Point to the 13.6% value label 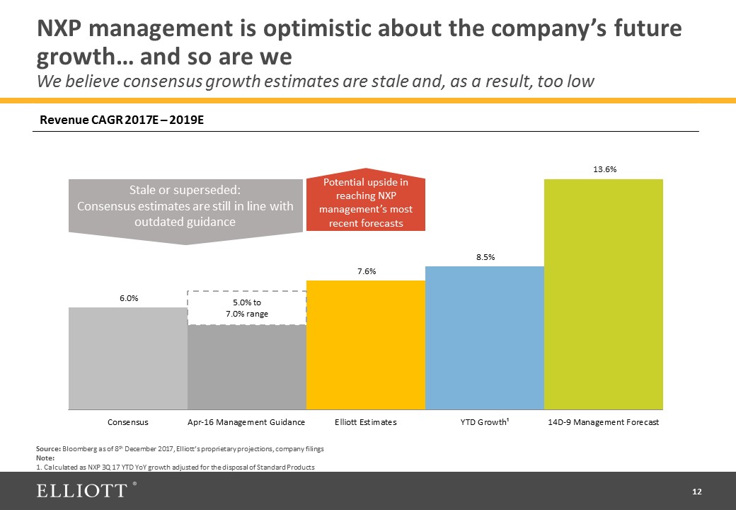604,169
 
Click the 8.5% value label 485,257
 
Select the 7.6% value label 366,271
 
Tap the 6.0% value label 128,298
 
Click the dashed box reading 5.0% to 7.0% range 247,307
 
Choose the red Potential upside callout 365,203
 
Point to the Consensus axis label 128,422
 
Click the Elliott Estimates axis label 366,422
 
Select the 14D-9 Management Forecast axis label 604,422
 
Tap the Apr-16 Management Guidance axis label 246,422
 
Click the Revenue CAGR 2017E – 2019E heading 122,120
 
